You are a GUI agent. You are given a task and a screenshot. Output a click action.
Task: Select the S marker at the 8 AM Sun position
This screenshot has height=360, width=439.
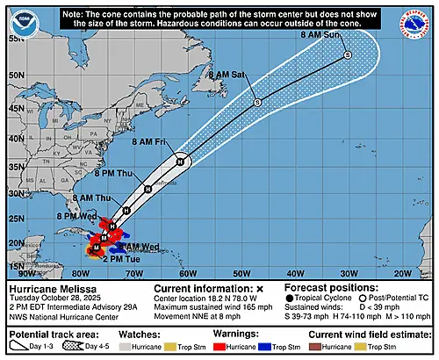click(x=347, y=55)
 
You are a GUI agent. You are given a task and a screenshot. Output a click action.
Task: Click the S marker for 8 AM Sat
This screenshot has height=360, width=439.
click(x=256, y=103)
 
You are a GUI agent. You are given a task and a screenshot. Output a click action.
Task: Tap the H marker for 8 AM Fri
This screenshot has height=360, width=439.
click(x=180, y=161)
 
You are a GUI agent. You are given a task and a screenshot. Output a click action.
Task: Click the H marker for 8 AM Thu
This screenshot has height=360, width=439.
click(x=127, y=210)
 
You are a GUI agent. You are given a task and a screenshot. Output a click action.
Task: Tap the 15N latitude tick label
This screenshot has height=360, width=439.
click(x=16, y=265)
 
